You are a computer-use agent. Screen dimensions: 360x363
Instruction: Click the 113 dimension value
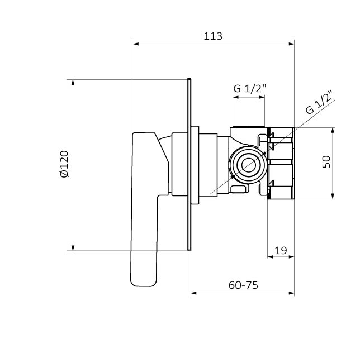213,36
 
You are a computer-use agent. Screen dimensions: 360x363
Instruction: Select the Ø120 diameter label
64,164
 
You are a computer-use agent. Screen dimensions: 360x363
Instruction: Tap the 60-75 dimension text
243,285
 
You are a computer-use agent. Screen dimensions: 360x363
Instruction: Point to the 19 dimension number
281,250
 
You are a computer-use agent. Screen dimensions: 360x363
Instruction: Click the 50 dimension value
326,162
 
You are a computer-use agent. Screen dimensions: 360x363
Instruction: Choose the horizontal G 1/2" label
250,88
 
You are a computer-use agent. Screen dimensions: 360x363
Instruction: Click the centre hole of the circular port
249,165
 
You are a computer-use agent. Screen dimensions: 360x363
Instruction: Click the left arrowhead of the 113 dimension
136,44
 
